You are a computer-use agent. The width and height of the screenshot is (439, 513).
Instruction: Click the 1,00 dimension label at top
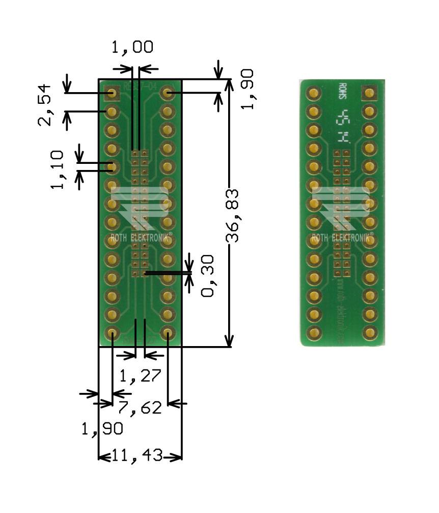click(132, 47)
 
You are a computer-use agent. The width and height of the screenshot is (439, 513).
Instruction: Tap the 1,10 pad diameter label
click(58, 169)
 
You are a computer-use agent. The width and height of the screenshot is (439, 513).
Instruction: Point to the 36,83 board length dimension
click(233, 216)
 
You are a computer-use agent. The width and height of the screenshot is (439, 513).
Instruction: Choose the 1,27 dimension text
click(140, 376)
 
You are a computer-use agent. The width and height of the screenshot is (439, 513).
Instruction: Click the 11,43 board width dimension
click(140, 457)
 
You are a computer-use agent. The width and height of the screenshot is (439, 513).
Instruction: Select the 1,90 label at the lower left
click(102, 429)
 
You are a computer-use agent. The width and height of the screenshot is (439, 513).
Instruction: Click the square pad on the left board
click(112, 93)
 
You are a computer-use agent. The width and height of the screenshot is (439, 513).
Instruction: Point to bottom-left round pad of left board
click(112, 333)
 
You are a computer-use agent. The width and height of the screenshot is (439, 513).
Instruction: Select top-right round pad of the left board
click(167, 93)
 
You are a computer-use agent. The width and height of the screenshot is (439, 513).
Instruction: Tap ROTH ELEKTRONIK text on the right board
click(342, 238)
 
